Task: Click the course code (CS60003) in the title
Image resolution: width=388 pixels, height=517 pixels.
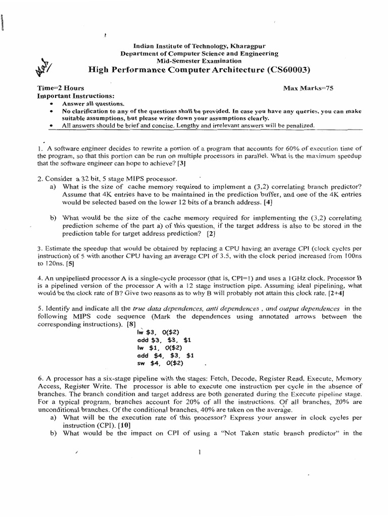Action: coord(286,70)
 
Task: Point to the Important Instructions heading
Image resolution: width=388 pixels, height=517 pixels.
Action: coord(76,96)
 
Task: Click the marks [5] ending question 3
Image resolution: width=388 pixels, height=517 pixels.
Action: coord(70,263)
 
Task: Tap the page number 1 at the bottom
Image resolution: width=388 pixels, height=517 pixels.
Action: coord(201,452)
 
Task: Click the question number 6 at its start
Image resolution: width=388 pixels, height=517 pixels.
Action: coord(39,378)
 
